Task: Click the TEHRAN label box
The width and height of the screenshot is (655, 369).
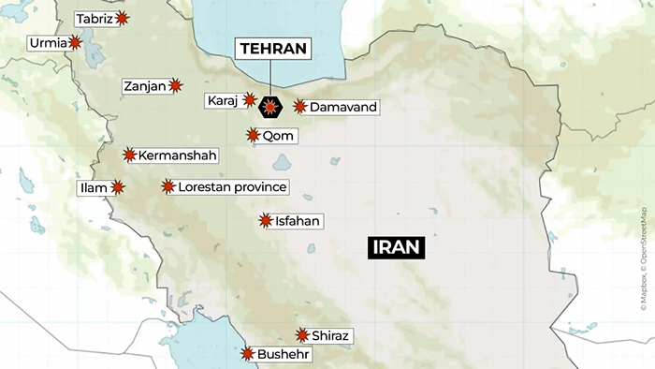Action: click(x=272, y=49)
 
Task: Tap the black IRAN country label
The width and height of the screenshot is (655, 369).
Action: click(x=397, y=248)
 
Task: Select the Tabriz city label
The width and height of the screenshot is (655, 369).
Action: click(x=94, y=19)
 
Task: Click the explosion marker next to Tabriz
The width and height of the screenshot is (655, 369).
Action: click(x=123, y=19)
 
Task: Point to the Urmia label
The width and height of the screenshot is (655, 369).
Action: click(x=48, y=42)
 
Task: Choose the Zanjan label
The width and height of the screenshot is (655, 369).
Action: click(x=145, y=86)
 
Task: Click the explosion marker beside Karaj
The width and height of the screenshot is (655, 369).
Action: click(x=250, y=99)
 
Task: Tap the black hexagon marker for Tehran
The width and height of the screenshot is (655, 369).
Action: click(x=270, y=109)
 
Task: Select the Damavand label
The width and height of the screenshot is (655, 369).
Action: click(x=342, y=108)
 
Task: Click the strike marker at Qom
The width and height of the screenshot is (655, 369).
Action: click(x=253, y=135)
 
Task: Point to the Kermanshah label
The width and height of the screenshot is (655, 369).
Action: click(x=177, y=155)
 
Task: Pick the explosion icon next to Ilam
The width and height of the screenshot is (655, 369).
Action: click(x=118, y=187)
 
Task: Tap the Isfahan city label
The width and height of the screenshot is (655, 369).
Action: click(x=298, y=221)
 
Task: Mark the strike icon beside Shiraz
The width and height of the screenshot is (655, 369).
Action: click(x=302, y=335)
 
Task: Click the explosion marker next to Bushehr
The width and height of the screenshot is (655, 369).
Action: click(x=247, y=354)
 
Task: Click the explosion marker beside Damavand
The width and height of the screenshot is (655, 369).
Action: click(x=299, y=108)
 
